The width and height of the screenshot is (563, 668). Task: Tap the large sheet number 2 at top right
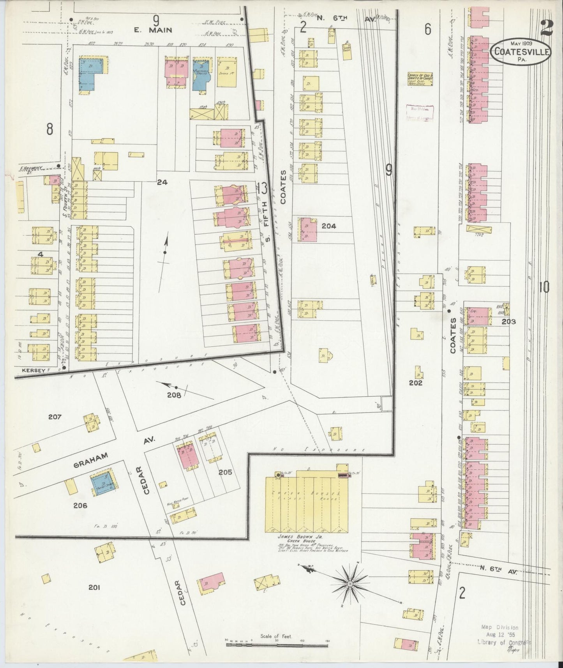coord(546,27)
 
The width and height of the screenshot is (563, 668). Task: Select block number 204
coord(329,226)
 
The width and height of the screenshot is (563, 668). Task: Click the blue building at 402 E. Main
coord(92,74)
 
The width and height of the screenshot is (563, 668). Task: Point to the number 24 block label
coord(162,182)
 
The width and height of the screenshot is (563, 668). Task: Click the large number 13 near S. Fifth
coord(262,189)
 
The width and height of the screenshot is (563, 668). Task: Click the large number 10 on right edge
coord(544,288)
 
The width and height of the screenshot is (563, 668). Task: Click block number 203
coord(509,322)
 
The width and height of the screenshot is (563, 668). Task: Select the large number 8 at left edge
coord(49,129)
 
